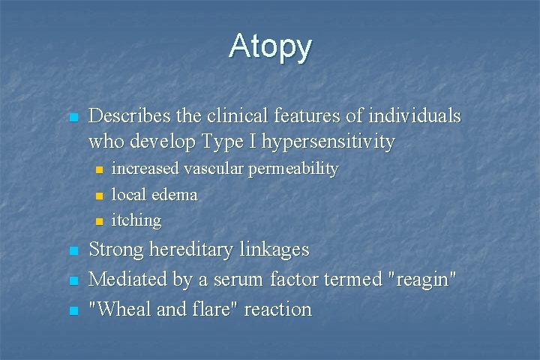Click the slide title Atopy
coord(270,46)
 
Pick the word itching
coord(136,220)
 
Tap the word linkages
coord(274,249)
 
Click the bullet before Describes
coord(73,118)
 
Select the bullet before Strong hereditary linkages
coord(73,250)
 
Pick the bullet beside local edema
coord(97,196)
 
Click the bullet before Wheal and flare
coord(73,310)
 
